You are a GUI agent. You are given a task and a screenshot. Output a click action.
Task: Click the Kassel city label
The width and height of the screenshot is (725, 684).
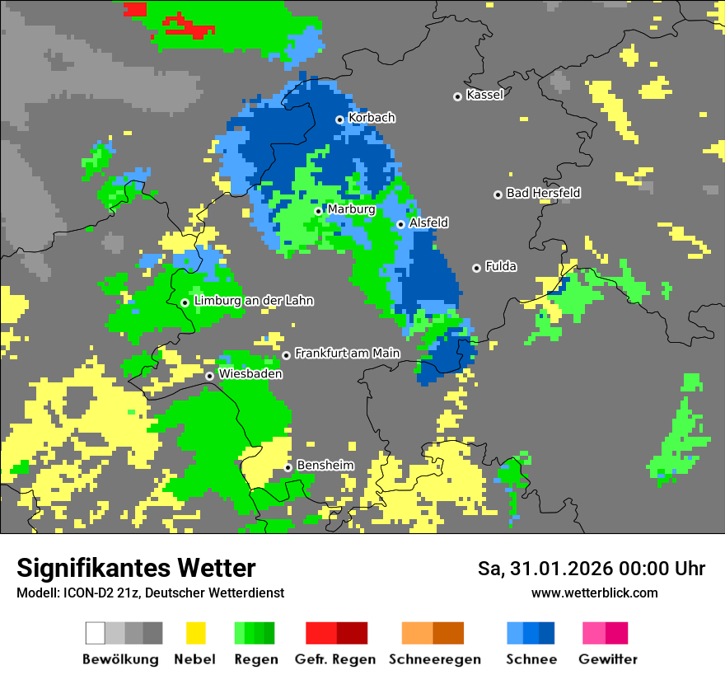click(x=484, y=95)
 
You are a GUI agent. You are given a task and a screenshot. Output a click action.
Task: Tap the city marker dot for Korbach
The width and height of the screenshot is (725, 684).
click(x=339, y=119)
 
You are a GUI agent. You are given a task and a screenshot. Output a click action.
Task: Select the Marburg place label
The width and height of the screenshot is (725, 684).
click(x=351, y=209)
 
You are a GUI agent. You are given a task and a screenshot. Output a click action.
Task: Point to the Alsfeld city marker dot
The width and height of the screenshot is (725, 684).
click(x=401, y=224)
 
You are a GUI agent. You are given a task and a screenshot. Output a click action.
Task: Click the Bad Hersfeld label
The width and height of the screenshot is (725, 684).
click(x=543, y=193)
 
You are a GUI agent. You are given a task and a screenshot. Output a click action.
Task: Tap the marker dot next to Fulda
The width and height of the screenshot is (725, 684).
click(x=476, y=268)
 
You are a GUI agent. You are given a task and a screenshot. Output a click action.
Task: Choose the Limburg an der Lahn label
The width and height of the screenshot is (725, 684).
click(x=254, y=301)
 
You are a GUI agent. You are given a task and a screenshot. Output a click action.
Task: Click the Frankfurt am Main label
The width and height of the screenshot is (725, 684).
click(x=347, y=354)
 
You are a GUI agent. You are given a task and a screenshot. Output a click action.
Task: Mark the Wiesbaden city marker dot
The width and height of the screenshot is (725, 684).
click(x=210, y=376)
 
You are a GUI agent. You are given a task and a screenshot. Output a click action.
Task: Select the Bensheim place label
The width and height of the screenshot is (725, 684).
click(x=325, y=466)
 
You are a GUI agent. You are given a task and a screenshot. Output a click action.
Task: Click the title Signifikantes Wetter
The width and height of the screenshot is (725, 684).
click(x=136, y=568)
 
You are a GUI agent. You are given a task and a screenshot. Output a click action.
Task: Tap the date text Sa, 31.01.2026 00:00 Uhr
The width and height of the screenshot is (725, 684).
click(x=591, y=569)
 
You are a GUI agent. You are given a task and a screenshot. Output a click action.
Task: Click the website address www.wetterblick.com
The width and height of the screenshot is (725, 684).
click(x=594, y=593)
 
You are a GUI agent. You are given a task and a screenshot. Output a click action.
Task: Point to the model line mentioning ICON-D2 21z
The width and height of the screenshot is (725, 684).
click(x=150, y=593)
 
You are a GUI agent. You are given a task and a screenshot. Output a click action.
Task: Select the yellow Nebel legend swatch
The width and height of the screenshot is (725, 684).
click(x=195, y=633)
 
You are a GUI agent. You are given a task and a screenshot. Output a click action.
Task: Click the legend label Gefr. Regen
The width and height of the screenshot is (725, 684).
click(x=334, y=659)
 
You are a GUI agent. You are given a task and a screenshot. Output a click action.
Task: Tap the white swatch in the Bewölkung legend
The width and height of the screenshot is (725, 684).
click(x=96, y=633)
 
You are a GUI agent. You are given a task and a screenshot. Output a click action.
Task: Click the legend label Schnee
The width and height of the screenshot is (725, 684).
click(x=531, y=659)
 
